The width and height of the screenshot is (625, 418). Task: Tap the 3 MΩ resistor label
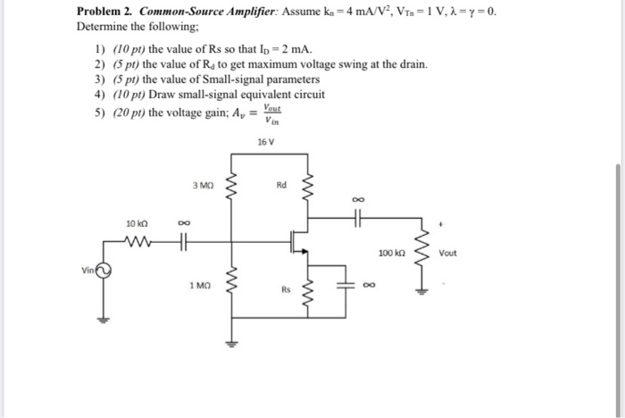pyautogui.click(x=201, y=186)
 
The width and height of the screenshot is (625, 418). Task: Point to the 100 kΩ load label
pyautogui.click(x=389, y=254)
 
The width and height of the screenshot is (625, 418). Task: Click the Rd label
pyautogui.click(x=281, y=186)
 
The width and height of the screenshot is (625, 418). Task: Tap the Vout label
pyautogui.click(x=447, y=253)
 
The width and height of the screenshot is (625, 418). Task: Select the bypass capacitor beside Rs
pyautogui.click(x=345, y=287)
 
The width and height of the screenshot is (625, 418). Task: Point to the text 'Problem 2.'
pyautogui.click(x=102, y=13)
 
